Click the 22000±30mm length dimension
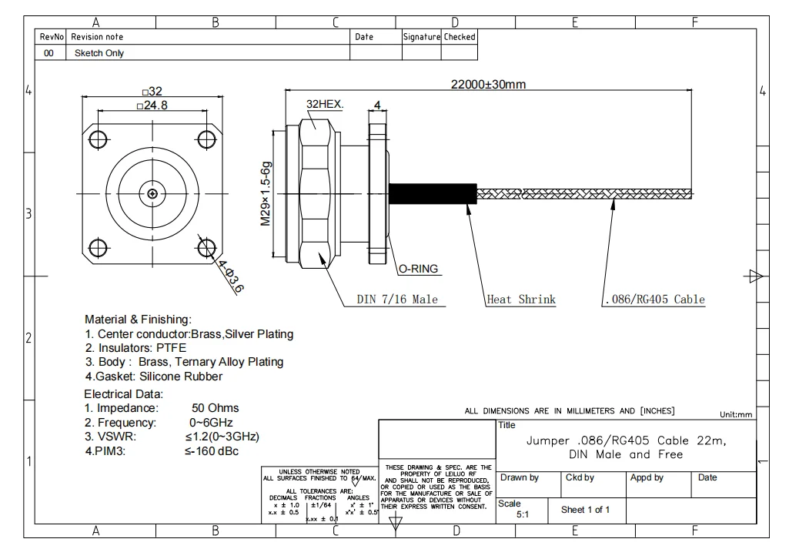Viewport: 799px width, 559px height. (488, 85)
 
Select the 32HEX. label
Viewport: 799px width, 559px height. (324, 104)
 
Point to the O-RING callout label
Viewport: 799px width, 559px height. (418, 269)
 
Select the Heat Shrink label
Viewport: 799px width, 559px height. (521, 300)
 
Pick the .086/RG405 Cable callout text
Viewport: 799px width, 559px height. (654, 300)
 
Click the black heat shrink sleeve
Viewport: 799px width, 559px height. (432, 194)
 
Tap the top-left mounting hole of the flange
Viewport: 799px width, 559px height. (98, 139)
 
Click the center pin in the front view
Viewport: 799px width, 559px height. (152, 193)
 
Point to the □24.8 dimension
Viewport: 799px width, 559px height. (152, 105)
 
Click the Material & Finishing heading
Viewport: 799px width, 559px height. (138, 319)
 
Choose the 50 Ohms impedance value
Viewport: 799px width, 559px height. (215, 408)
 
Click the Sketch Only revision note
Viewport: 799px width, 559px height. (99, 53)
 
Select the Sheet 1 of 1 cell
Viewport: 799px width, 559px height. (585, 510)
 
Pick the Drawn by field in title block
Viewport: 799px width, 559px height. (520, 477)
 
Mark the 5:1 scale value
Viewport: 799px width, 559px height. (522, 514)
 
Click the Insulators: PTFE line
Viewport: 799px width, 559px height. (135, 348)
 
